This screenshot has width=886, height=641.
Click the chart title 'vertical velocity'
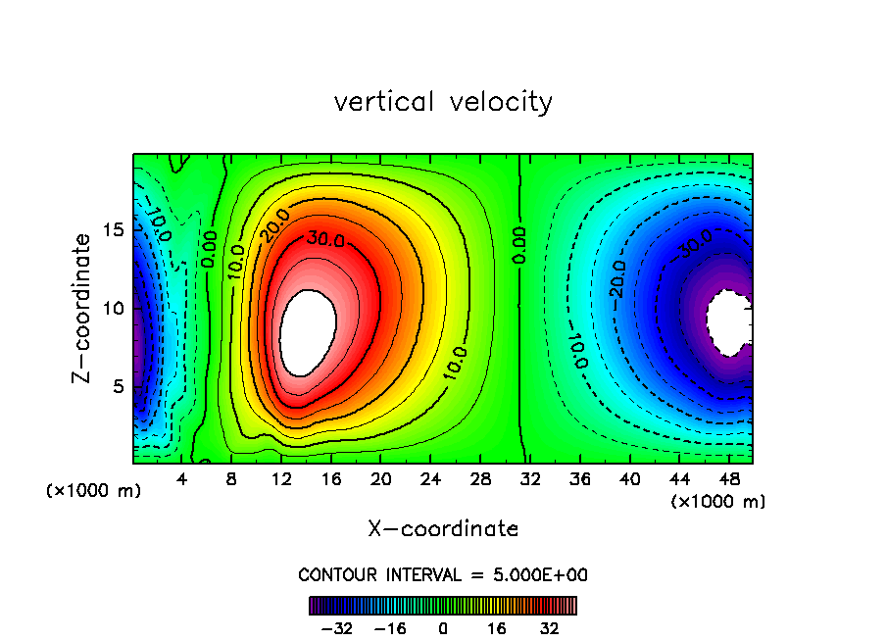(x=443, y=102)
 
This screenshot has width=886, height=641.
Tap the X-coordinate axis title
(x=443, y=529)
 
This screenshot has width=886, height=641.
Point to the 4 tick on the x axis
(x=182, y=480)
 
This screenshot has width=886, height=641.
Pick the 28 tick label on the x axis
(x=481, y=480)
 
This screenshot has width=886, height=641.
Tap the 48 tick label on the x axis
(x=729, y=480)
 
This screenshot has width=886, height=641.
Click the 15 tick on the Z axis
(x=115, y=230)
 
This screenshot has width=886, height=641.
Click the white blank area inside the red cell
(x=308, y=331)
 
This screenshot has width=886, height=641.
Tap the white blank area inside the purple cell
(x=728, y=322)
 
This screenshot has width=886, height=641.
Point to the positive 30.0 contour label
(x=324, y=238)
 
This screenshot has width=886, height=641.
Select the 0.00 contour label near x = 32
(x=519, y=245)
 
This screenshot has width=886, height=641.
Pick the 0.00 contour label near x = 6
(x=209, y=249)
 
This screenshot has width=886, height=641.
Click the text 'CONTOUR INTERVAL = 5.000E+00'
(x=443, y=575)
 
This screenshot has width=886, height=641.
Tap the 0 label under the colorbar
(x=443, y=628)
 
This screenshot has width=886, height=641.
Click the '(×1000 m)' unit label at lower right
(x=718, y=502)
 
